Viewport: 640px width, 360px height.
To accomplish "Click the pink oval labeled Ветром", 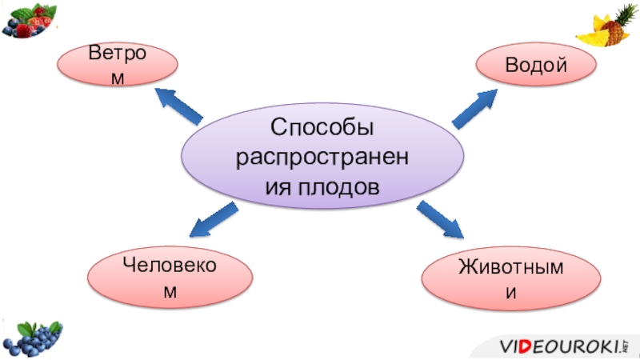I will [x=118, y=66].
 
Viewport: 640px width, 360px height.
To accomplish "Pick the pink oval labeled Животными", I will [x=511, y=279].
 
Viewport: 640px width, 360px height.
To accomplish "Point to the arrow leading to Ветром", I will [x=178, y=106].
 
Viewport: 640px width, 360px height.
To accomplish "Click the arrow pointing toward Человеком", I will [x=214, y=220].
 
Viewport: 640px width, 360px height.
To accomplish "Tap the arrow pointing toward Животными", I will [x=440, y=220].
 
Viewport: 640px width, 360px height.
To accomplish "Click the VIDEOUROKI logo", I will [x=563, y=346].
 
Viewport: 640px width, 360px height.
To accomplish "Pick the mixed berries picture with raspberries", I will [x=30, y=19].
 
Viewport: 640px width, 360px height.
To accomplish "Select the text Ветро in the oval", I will [x=118, y=56].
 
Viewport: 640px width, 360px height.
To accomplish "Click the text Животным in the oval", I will [x=510, y=268].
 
